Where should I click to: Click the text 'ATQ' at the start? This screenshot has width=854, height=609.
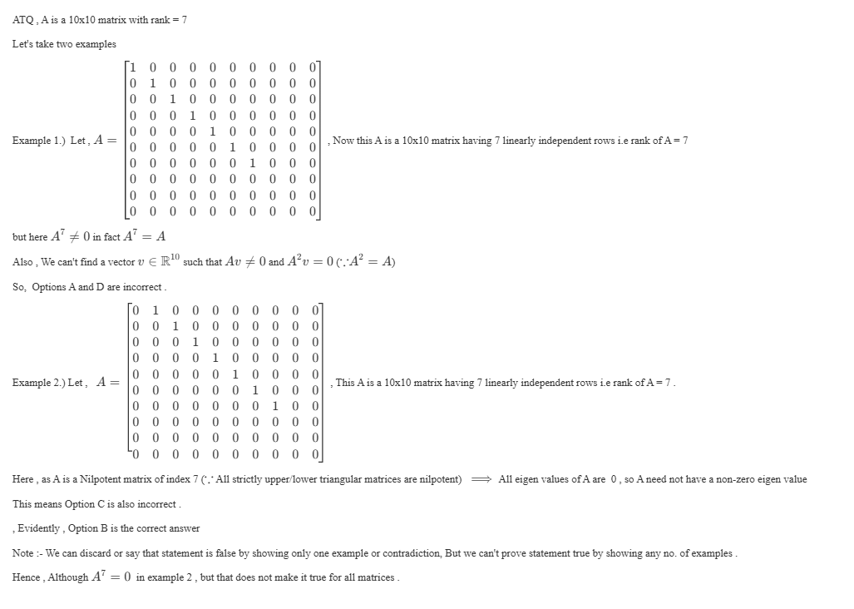click(x=22, y=20)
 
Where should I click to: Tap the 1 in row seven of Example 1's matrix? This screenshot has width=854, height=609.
click(x=253, y=163)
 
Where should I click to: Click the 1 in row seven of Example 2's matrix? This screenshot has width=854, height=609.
click(x=274, y=406)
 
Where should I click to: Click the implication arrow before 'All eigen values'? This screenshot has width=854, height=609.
click(x=480, y=480)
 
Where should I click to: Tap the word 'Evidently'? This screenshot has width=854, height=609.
click(x=39, y=529)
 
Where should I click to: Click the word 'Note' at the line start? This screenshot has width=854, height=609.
click(x=23, y=553)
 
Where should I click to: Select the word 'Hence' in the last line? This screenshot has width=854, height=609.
click(x=27, y=577)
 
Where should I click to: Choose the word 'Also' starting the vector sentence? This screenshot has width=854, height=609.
click(x=22, y=262)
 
